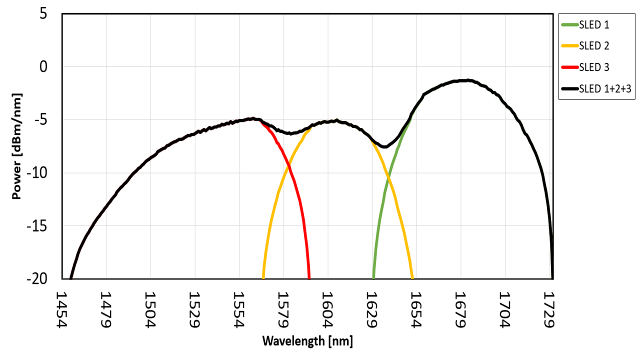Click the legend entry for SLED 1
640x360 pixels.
(594, 24)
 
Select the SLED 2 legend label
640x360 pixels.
(594, 46)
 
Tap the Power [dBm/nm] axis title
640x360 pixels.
(16, 146)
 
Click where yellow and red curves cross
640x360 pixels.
(287, 166)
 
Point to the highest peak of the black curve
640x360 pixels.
(465, 80)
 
